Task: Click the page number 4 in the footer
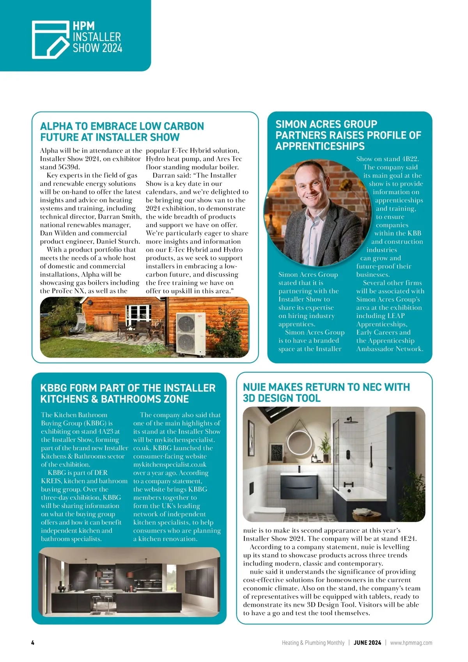33,642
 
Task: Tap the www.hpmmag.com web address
411,642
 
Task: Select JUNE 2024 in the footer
367,642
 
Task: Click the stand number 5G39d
69,167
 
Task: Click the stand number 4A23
111,431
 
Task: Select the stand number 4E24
405,539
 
